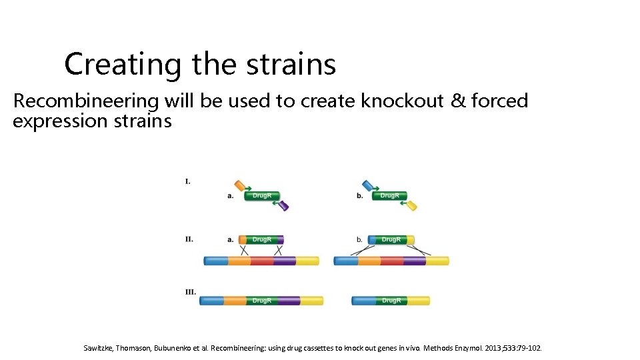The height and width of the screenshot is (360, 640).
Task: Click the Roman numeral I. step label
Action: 188,181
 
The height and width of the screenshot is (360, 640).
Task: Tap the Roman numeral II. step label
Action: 189,239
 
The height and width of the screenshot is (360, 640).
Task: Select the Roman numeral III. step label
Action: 191,292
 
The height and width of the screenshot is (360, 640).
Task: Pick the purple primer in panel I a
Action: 283,206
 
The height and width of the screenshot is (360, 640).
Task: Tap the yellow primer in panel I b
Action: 411,206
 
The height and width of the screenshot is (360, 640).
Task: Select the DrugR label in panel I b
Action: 389,195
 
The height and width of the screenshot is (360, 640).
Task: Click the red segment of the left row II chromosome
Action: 262,261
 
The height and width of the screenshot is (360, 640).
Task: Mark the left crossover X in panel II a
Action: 244,250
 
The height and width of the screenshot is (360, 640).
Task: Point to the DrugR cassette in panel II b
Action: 391,239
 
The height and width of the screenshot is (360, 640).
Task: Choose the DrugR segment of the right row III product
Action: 391,301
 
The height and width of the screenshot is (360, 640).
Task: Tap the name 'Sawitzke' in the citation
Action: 99,348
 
